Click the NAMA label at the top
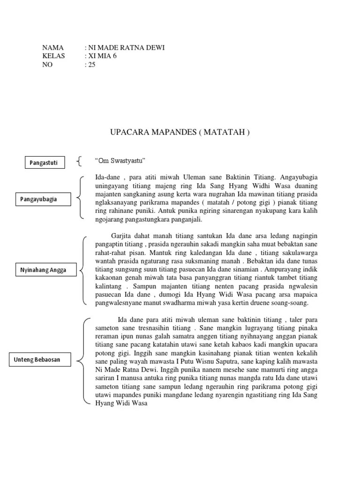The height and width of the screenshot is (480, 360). click(x=52, y=48)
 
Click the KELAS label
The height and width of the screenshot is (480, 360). click(x=54, y=56)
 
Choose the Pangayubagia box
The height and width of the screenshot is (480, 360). click(x=45, y=199)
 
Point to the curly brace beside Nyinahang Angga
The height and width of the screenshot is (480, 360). click(x=83, y=270)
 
